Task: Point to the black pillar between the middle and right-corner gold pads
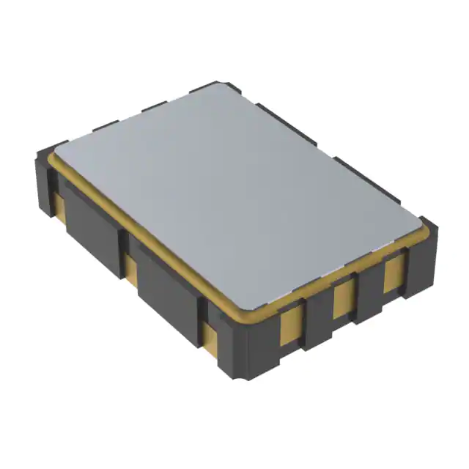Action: [369, 288]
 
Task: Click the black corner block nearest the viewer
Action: [248, 352]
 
